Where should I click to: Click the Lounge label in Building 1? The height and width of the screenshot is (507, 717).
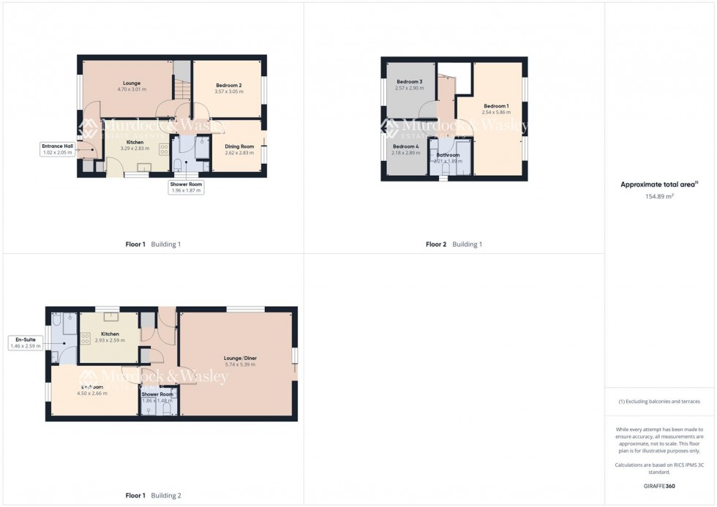point(132,83)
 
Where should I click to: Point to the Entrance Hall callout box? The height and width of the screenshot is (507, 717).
point(57,149)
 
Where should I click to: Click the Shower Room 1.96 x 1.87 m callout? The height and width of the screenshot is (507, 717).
point(187,187)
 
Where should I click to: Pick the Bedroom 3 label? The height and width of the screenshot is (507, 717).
point(410,82)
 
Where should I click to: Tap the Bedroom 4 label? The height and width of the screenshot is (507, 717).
point(405,147)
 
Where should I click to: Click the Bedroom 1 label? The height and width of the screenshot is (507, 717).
point(496,107)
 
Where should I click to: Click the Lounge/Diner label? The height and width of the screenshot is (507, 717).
point(240,358)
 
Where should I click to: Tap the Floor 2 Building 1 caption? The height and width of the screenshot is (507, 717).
point(454,244)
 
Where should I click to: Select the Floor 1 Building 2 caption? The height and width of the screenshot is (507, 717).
point(153,495)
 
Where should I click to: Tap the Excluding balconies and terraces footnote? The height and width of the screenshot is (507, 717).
point(660,402)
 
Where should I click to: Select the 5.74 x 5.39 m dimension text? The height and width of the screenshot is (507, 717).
point(240,364)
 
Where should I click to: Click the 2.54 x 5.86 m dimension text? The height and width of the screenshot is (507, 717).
point(496,113)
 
